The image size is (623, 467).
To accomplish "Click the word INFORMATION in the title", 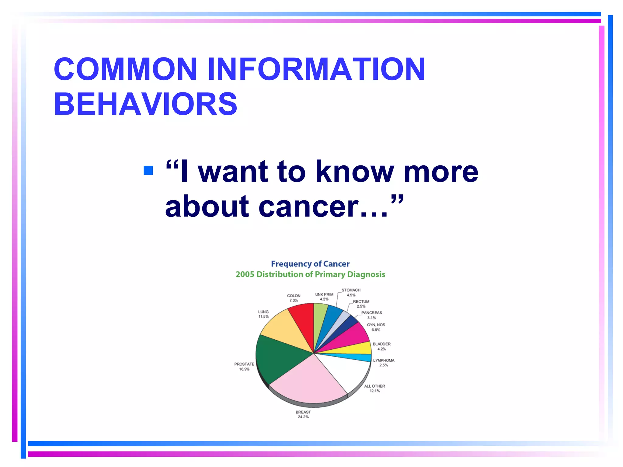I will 316,69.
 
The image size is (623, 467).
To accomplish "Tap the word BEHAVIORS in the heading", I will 145,104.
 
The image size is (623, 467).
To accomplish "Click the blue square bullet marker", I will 148,170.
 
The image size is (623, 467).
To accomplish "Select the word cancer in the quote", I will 307,207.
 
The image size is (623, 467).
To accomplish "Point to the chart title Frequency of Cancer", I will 310,264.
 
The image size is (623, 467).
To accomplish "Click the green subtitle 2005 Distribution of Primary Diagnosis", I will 310,274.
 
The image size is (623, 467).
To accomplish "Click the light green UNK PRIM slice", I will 319,316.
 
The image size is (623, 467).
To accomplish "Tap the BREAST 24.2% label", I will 303,414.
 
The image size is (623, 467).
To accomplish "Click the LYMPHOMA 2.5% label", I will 384,363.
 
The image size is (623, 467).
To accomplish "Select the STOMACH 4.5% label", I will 351,292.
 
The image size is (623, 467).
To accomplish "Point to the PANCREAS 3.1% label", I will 371,315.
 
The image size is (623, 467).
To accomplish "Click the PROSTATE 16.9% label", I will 244,366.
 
